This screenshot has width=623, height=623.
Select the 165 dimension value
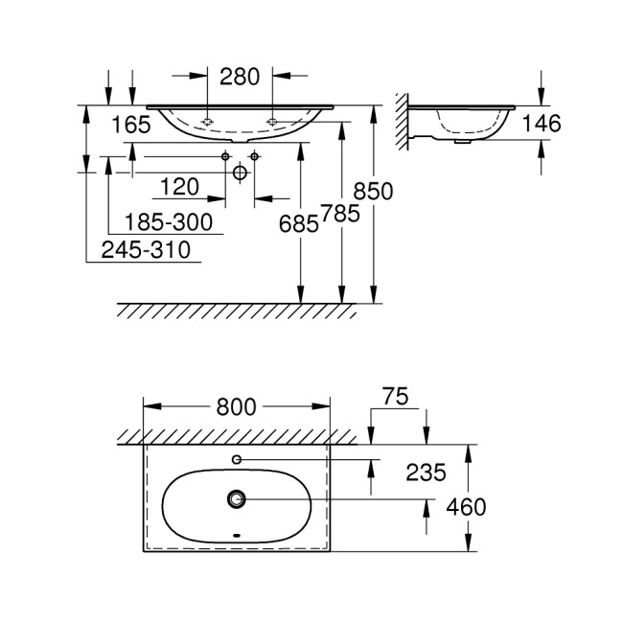pos(132,124)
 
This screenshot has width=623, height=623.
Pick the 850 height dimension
pos(374,191)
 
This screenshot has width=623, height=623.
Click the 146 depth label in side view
pos(542,124)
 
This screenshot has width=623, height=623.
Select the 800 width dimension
pos(236,406)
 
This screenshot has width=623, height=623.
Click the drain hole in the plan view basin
pos(237,499)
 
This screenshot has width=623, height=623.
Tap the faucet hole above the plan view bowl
pos(237,460)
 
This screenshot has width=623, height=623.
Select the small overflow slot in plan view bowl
pos(237,535)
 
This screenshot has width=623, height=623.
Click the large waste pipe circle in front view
pos(240,173)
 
